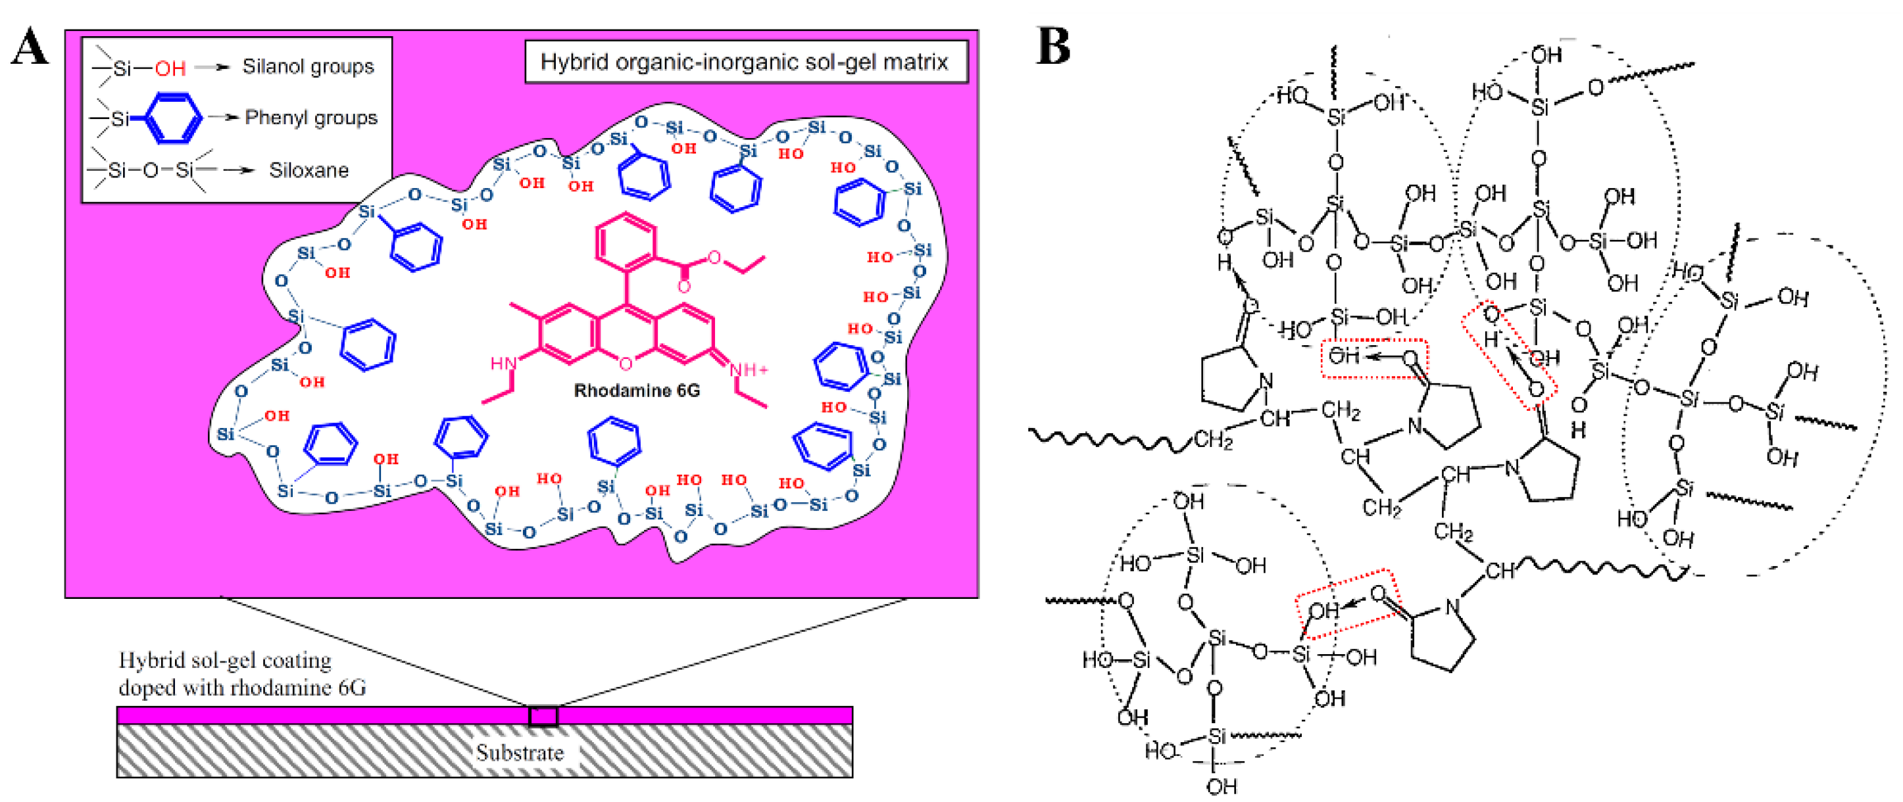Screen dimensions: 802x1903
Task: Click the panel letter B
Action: [x=1052, y=46]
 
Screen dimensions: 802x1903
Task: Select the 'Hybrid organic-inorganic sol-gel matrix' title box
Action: [x=745, y=62]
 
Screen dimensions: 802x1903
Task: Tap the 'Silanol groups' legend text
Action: [x=308, y=66]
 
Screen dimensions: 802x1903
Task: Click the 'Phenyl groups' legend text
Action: [x=310, y=118]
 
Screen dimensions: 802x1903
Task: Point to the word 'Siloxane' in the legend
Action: [x=308, y=171]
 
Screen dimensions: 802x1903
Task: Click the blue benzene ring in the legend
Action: [x=173, y=118]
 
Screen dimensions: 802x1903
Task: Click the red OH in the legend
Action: [x=170, y=68]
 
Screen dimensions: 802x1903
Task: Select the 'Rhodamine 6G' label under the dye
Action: [x=636, y=390]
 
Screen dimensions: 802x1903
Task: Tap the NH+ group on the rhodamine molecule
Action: [x=749, y=369]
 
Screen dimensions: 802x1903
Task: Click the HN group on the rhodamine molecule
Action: [x=503, y=364]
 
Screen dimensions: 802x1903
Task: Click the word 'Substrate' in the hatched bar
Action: [x=520, y=753]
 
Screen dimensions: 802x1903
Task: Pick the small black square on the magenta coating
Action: [x=543, y=716]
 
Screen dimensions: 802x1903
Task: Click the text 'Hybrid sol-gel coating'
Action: [x=224, y=659]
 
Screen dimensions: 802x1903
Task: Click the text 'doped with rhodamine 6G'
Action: [x=241, y=688]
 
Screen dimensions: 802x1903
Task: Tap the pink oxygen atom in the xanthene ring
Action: [x=626, y=364]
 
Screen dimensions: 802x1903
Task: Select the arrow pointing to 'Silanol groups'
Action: [x=212, y=67]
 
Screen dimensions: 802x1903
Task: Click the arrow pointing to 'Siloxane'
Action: [x=238, y=171]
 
